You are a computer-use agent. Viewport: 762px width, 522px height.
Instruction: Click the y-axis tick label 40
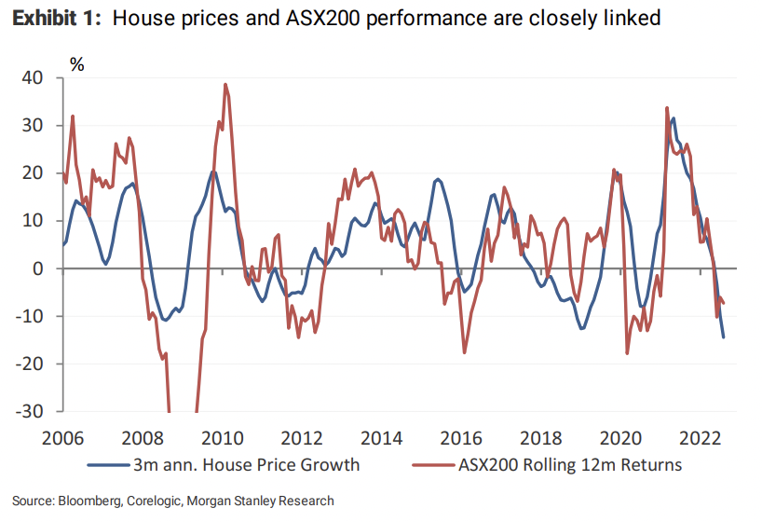(32, 78)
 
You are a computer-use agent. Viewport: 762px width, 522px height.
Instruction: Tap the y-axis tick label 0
(37, 268)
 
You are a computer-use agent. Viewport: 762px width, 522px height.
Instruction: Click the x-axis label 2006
(64, 437)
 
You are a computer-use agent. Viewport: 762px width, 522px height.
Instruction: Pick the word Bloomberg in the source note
(85, 501)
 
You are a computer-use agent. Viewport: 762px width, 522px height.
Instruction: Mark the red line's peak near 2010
(225, 84)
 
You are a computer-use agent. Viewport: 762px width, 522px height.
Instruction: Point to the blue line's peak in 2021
(674, 117)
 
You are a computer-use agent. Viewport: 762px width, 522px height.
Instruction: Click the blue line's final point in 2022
(723, 337)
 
